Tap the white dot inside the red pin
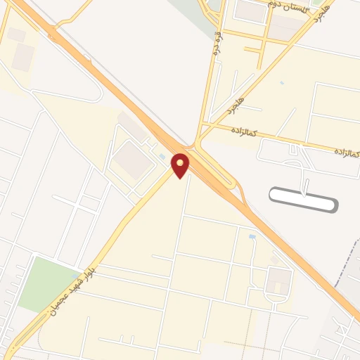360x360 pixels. click(x=181, y=163)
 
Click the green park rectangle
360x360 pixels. click(x=48, y=284)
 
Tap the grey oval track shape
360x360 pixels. click(x=304, y=199)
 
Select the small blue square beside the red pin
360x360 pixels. click(x=164, y=156)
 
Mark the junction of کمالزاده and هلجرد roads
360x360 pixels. click(x=202, y=125)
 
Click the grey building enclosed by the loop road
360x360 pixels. click(x=277, y=283)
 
